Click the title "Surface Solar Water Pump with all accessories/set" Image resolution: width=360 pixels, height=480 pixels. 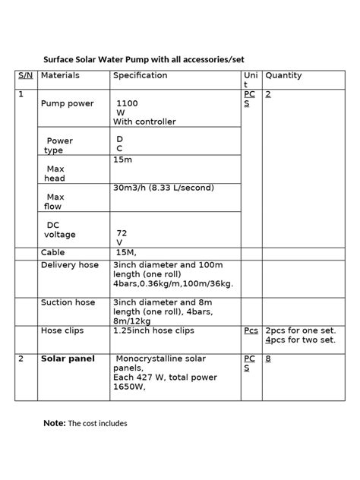click(143, 59)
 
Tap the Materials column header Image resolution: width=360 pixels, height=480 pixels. click(60, 76)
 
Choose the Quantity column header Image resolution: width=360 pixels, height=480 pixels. click(283, 76)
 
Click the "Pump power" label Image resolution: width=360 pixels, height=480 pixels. click(68, 103)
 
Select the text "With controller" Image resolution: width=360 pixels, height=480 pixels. click(144, 122)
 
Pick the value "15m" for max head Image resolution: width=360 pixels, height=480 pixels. click(122, 159)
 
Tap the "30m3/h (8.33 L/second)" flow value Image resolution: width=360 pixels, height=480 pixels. click(163, 188)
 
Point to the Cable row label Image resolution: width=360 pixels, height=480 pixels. click(52, 251)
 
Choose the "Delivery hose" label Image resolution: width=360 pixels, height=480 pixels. click(69, 265)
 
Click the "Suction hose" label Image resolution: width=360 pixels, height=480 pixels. click(68, 302)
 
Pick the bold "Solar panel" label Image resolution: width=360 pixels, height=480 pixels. click(68, 358)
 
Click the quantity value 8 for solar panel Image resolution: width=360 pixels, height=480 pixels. click(268, 358)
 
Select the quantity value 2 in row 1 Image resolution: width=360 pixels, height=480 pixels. click(268, 94)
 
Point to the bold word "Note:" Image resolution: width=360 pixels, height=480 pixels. click(55, 423)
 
